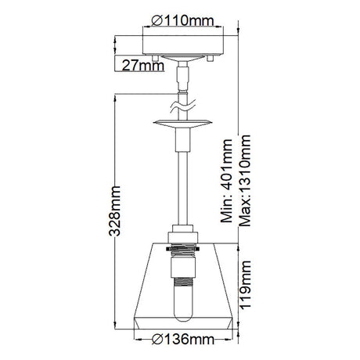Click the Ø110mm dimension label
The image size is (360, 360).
[182, 20]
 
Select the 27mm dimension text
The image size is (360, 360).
[143, 66]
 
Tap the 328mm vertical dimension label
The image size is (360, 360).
[115, 211]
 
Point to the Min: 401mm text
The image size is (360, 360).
[226, 181]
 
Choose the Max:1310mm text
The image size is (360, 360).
[245, 181]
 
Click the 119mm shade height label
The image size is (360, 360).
[245, 285]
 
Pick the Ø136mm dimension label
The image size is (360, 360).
[183, 339]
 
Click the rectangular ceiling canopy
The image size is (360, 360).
[183, 45]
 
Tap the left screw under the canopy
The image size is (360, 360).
[155, 58]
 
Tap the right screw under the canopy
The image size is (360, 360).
[211, 58]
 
